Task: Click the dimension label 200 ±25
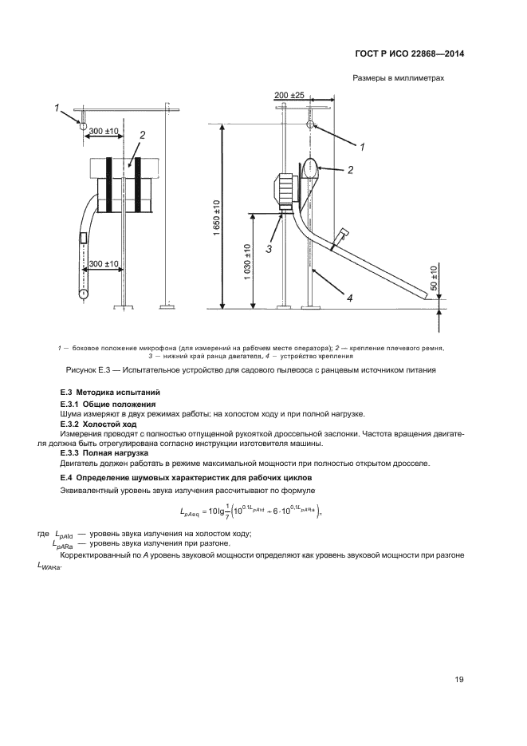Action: tap(289, 95)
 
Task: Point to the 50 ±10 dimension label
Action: tap(433, 278)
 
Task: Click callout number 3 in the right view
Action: tap(269, 248)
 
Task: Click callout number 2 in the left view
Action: tap(141, 136)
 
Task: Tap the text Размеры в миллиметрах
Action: tap(397, 79)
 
